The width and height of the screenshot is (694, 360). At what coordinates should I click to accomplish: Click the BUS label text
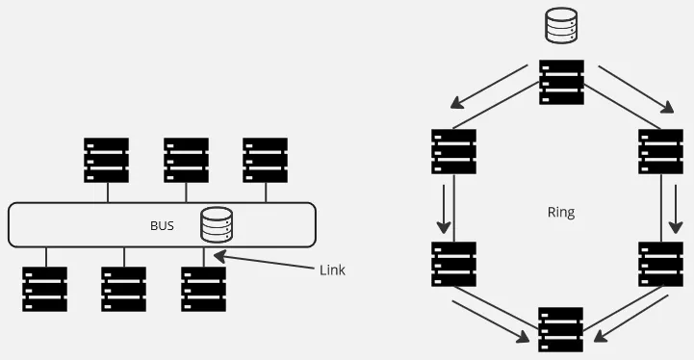pos(162,226)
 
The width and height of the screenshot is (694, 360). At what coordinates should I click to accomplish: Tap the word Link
pos(331,270)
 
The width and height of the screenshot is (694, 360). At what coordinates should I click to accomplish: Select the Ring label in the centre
pos(560,212)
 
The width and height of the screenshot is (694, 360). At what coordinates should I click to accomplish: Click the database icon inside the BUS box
pos(218,225)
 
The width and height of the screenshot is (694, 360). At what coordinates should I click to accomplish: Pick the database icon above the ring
pos(561,26)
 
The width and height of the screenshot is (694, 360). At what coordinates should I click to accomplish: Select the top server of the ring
pos(561,82)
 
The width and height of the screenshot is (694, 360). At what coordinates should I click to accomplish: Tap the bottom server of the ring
pos(561,329)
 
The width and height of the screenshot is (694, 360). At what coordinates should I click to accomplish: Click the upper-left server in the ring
pos(453,151)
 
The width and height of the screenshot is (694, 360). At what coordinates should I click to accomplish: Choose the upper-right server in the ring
pos(660,151)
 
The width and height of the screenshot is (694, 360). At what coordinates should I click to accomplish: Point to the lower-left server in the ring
pos(453,264)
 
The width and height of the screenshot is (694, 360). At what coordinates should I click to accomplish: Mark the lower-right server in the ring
pos(660,264)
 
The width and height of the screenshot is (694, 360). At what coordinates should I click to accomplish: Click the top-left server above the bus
pos(106,160)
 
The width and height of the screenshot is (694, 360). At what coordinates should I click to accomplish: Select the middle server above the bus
pos(186,160)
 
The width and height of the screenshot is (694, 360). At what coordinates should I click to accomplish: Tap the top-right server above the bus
pos(265,160)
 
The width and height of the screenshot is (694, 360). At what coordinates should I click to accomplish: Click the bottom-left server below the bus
pos(44,289)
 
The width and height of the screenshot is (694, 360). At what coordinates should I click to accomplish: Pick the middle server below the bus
pos(124,289)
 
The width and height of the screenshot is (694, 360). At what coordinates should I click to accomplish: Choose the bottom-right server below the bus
pos(203,289)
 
